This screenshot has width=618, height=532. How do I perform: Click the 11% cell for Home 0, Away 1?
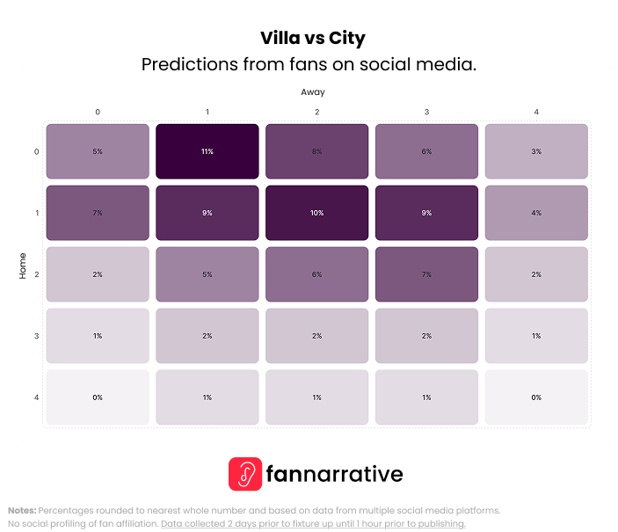[x=207, y=151]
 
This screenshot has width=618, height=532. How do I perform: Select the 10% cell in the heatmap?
[x=316, y=213]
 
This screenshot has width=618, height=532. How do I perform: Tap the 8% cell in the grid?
[x=316, y=151]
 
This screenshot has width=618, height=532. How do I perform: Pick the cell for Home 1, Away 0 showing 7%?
[x=98, y=213]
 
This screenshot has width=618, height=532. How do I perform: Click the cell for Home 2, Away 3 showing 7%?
[x=426, y=274]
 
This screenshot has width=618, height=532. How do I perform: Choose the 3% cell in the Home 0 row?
[x=536, y=151]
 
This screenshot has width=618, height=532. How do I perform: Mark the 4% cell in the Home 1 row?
[x=536, y=213]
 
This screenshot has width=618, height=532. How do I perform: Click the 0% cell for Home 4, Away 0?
[x=98, y=397]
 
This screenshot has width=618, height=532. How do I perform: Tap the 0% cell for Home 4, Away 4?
[x=536, y=397]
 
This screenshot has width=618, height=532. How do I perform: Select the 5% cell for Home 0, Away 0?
[x=98, y=151]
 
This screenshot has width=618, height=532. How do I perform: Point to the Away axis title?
[x=313, y=91]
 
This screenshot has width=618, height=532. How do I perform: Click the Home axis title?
[x=23, y=266]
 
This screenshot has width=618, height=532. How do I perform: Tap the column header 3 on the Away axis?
[x=426, y=112]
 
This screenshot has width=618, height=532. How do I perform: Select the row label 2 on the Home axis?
[x=36, y=274]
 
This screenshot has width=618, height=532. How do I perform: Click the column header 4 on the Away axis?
[x=536, y=112]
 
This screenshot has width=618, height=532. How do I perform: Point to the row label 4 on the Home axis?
[x=36, y=397]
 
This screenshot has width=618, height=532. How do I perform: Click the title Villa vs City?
[x=312, y=39]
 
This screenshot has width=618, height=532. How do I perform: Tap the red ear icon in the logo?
[x=245, y=474]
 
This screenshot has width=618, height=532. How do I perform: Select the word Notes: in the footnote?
[x=22, y=510]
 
